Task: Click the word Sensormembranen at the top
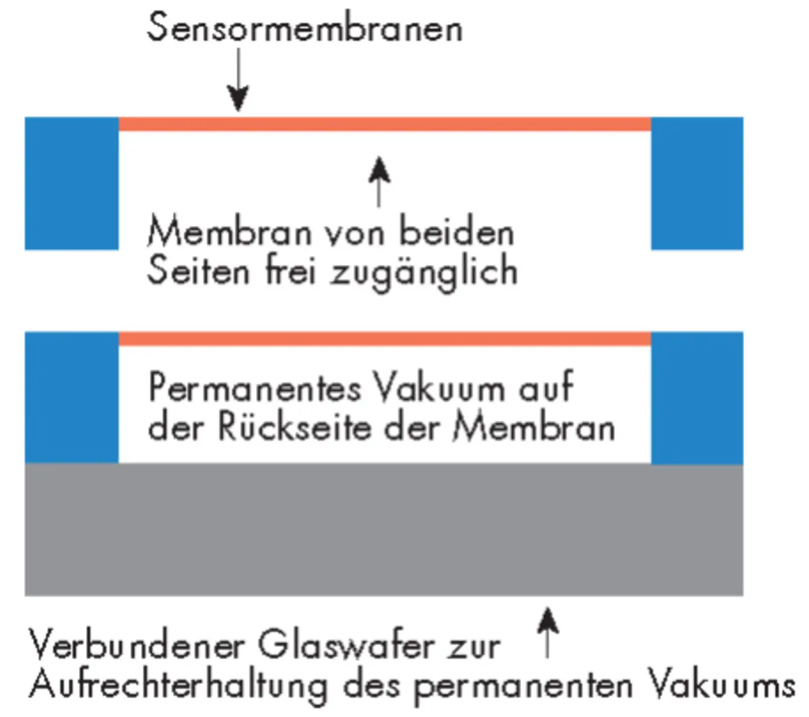tap(305, 27)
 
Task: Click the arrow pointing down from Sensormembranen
tap(238, 80)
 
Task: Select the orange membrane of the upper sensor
tap(385, 124)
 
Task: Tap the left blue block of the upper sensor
tap(72, 183)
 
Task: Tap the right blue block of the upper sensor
tap(697, 183)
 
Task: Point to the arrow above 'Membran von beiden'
tap(379, 182)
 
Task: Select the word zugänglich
tap(424, 272)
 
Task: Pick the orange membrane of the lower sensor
tap(385, 339)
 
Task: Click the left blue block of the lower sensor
tap(72, 398)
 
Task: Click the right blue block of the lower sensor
tap(697, 398)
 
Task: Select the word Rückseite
tap(295, 427)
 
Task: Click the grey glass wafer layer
tap(384, 530)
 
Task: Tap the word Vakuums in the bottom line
tap(721, 685)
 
